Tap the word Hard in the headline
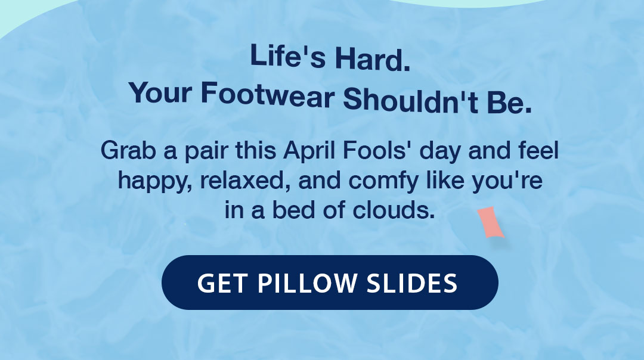point(372,61)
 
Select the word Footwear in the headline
point(267,95)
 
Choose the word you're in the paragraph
point(507,181)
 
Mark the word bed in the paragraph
point(295,209)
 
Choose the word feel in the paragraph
point(538,150)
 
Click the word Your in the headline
point(160,92)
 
